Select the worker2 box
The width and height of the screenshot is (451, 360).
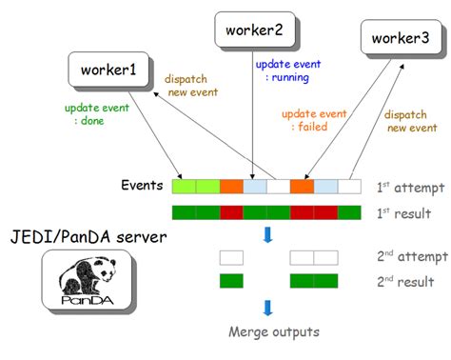tap(254, 30)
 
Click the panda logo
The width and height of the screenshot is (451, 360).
tap(88, 280)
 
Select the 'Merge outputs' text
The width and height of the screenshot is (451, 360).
tap(275, 332)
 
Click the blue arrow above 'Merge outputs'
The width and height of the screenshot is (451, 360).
tap(269, 308)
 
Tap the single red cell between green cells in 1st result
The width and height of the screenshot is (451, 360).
tap(231, 212)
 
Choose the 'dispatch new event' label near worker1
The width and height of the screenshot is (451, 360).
tap(191, 87)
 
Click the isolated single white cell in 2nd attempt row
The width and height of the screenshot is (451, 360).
tap(231, 257)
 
